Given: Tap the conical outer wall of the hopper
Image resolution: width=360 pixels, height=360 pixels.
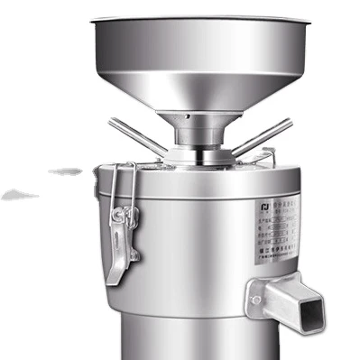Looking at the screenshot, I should point(207,86).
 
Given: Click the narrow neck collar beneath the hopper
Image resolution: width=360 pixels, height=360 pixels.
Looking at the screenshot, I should point(199,135).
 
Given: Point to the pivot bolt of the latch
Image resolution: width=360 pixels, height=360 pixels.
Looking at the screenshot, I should point(132,217).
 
